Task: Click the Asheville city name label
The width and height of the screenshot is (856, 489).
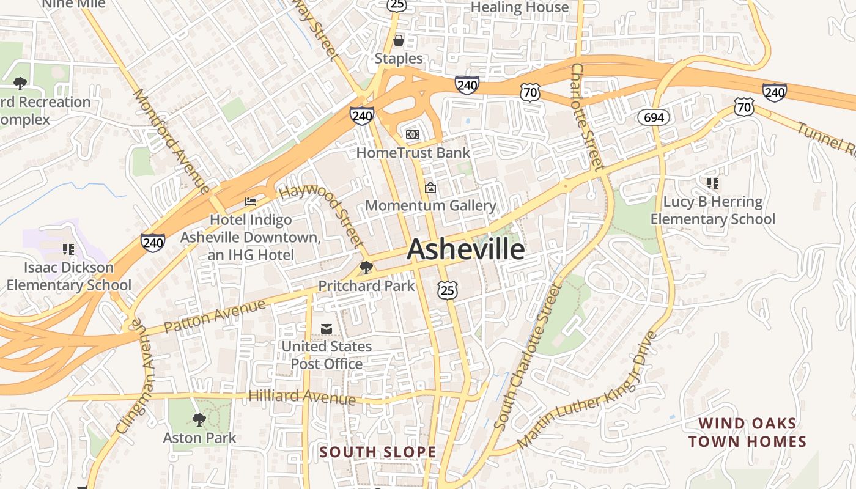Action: click(465, 249)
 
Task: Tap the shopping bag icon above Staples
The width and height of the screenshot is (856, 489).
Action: click(399, 40)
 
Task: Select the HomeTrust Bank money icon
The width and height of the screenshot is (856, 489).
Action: click(413, 134)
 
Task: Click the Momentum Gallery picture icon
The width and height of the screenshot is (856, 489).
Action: click(430, 188)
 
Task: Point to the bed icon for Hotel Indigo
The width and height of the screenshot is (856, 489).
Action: click(251, 201)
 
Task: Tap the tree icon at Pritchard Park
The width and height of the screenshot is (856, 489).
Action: click(366, 267)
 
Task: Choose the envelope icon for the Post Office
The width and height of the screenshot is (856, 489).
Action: click(327, 329)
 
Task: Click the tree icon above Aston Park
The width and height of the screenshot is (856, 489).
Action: click(199, 419)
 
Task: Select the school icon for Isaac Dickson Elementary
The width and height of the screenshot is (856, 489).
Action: click(68, 249)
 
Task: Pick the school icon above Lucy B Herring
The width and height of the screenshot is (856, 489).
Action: click(712, 183)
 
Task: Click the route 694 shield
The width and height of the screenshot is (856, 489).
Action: click(654, 117)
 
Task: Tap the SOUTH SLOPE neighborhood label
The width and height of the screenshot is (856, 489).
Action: click(378, 452)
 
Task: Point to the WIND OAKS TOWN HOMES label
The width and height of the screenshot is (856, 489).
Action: click(747, 432)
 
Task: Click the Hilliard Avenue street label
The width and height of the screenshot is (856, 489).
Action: click(302, 397)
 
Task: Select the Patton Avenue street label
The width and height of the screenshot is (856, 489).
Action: click(215, 315)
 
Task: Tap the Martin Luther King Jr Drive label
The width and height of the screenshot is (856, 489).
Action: click(587, 389)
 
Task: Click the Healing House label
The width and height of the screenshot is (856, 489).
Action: click(520, 7)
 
